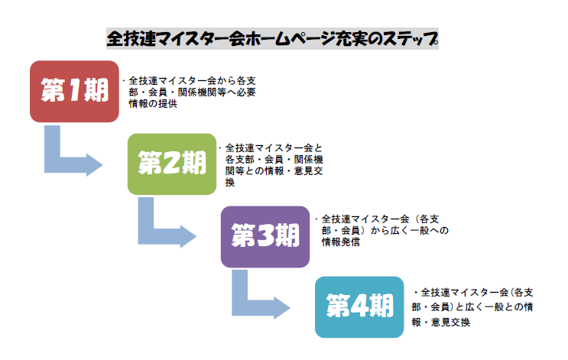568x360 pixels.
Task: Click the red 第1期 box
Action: [74, 91]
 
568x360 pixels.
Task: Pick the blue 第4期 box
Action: [359, 306]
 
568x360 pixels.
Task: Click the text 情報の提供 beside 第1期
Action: [153, 105]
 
